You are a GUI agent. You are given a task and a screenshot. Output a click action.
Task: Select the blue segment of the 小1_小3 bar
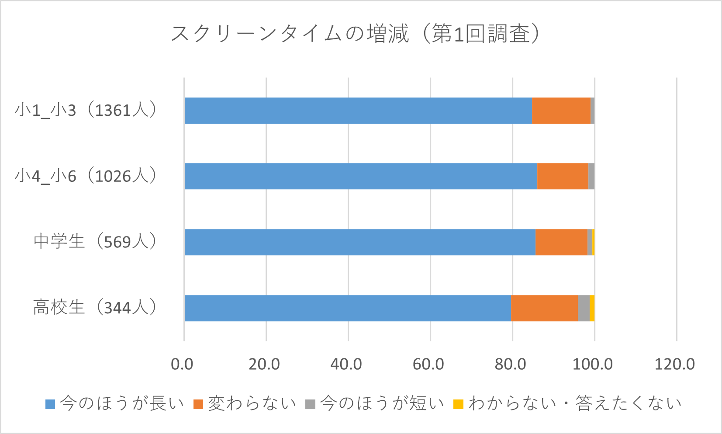358,111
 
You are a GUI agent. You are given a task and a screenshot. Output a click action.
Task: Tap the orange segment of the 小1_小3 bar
561,111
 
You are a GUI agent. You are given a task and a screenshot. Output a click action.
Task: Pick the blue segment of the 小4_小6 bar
361,176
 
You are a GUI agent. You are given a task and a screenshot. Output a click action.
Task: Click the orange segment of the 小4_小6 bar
563,176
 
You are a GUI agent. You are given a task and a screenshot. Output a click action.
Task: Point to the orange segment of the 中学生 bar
561,242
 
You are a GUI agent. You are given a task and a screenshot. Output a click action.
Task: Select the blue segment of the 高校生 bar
348,308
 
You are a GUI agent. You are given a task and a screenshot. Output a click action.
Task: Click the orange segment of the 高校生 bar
544,308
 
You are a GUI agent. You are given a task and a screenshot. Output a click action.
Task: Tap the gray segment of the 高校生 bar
584,308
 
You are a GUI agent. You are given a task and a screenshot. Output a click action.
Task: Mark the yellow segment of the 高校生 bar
592,308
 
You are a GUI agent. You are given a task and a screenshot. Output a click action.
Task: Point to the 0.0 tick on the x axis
182,364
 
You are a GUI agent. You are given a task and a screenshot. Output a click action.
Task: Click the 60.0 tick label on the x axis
428,364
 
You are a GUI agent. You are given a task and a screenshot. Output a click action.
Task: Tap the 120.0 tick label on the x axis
674,364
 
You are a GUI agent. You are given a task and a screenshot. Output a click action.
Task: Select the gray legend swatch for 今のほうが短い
310,404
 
